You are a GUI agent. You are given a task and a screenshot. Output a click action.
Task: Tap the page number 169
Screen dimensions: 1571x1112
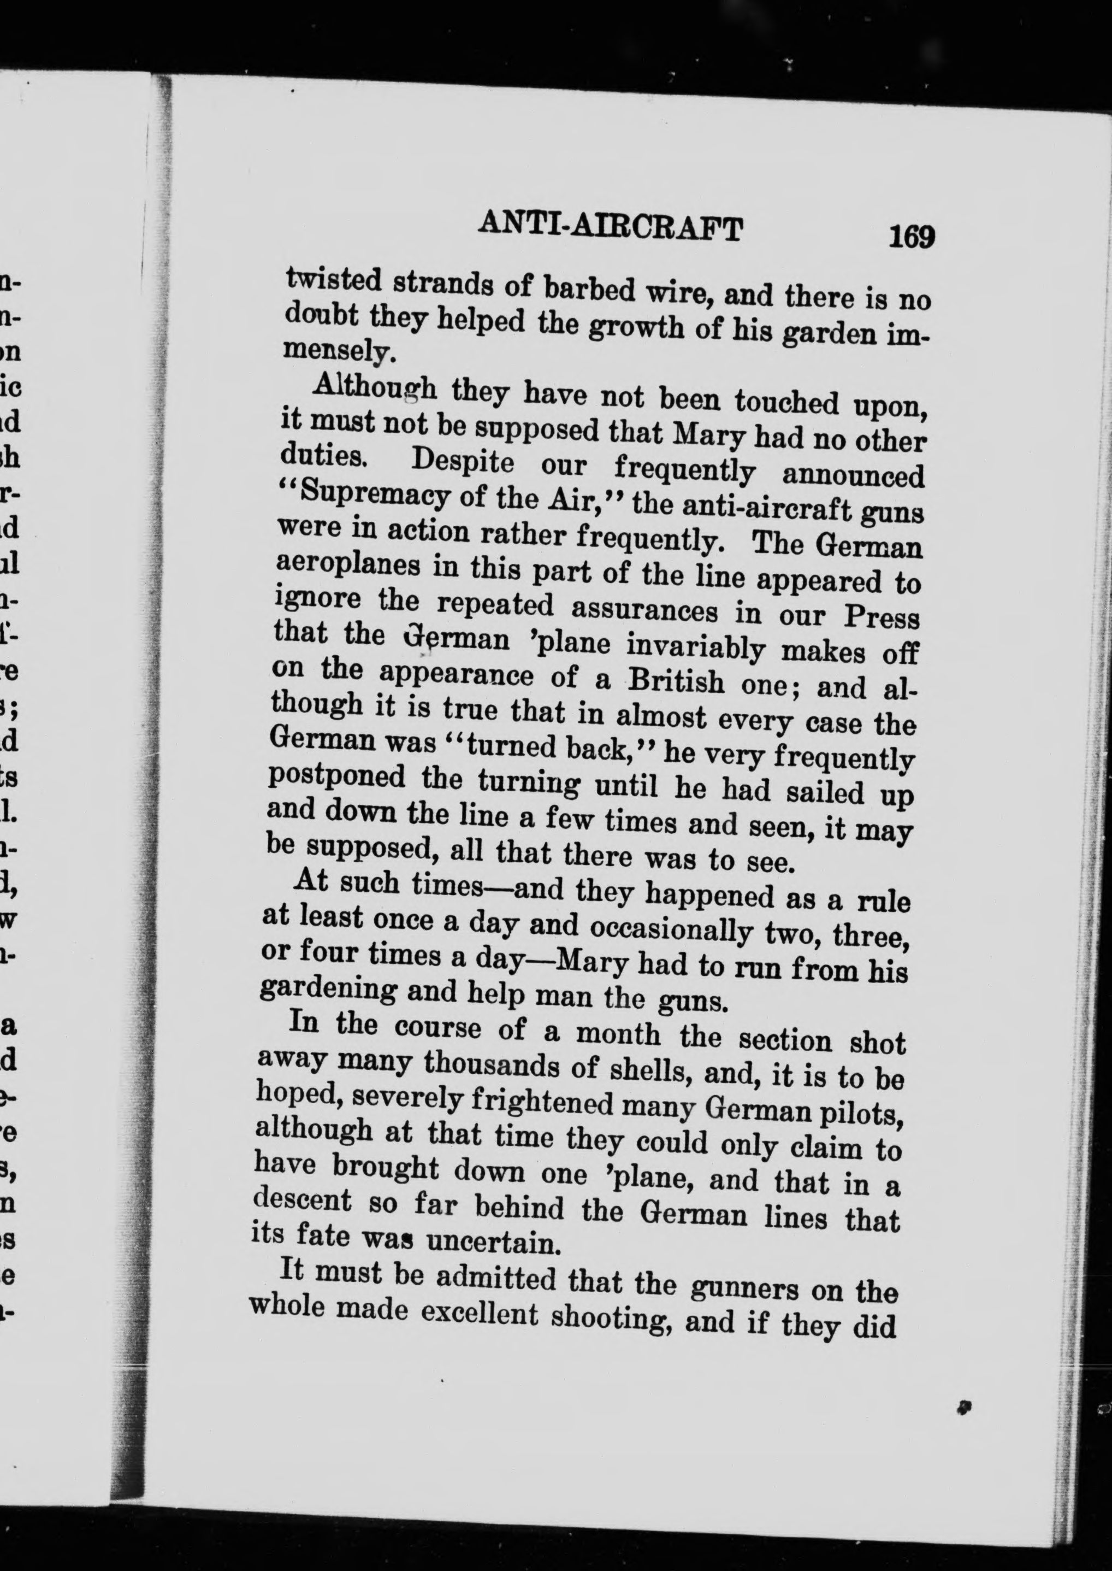pyautogui.click(x=912, y=238)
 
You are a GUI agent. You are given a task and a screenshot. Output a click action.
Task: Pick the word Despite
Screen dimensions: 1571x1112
pyautogui.click(x=462, y=462)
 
